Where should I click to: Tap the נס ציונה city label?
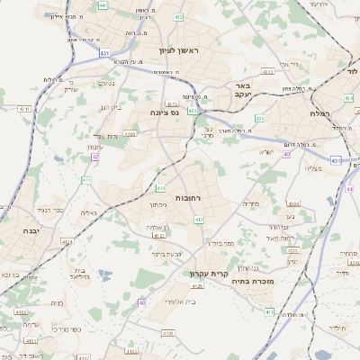tap(165, 112)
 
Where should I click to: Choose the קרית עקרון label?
tap(204, 274)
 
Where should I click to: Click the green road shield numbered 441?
tap(103, 5)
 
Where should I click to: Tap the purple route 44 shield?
tap(94, 157)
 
